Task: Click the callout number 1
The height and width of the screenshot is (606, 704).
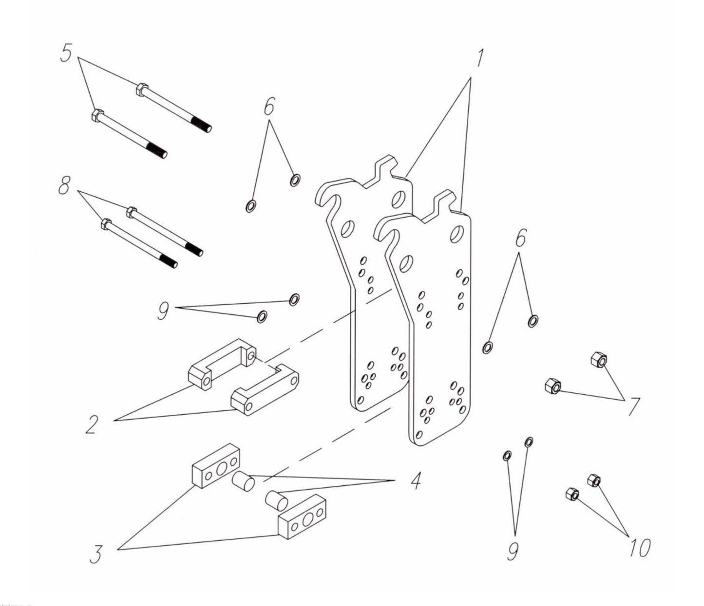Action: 479,58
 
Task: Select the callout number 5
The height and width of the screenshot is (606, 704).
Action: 67,52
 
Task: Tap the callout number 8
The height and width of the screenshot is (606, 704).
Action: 64,185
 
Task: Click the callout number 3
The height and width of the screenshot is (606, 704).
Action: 95,553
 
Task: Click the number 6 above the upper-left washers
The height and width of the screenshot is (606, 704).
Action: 269,106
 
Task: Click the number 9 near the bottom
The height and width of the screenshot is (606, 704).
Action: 512,551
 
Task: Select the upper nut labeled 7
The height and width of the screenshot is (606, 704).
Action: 598,361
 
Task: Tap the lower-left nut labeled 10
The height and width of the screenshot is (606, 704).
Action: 571,495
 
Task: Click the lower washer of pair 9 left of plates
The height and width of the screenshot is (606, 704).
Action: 261,317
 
